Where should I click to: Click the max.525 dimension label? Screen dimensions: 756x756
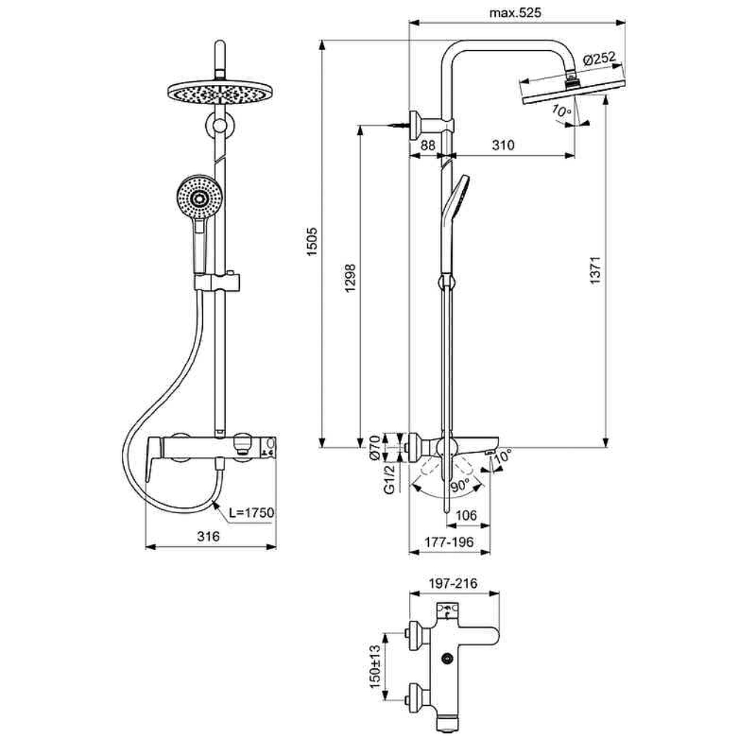click(x=515, y=13)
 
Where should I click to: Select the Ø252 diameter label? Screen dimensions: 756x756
click(x=599, y=59)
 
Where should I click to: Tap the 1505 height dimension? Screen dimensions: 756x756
click(x=312, y=241)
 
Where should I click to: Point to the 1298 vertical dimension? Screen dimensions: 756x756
click(x=351, y=278)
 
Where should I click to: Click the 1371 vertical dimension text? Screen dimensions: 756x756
click(x=596, y=269)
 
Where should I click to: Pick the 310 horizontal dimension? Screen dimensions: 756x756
click(x=503, y=145)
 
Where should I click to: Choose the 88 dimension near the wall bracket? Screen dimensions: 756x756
click(x=427, y=145)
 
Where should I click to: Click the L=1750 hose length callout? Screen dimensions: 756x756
click(x=251, y=512)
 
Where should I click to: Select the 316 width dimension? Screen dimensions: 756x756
click(x=208, y=536)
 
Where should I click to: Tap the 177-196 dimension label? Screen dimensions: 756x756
click(x=449, y=542)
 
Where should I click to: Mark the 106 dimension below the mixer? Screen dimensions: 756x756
click(x=466, y=515)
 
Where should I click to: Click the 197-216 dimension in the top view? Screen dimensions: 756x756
click(x=453, y=583)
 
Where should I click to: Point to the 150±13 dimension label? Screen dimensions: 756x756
click(x=375, y=667)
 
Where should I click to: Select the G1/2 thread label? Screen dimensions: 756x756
click(x=389, y=478)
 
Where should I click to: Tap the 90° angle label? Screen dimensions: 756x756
click(x=461, y=486)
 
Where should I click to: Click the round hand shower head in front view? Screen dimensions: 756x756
click(x=199, y=198)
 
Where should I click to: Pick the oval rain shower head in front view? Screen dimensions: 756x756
click(x=220, y=92)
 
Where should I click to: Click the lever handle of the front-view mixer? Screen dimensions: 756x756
click(x=154, y=458)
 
